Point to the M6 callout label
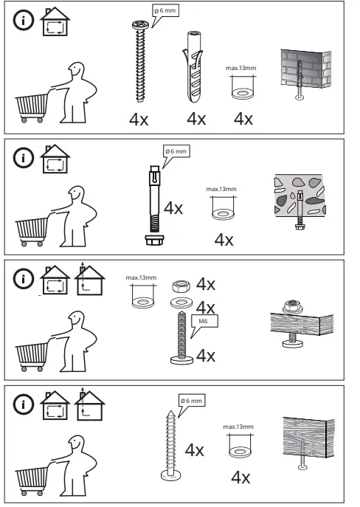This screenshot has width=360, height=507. pyautogui.click(x=200, y=322)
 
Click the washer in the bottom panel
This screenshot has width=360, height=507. pyautogui.click(x=238, y=449)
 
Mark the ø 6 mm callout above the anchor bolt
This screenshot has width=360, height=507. pyautogui.click(x=176, y=151)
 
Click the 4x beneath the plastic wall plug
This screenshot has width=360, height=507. pyautogui.click(x=196, y=118)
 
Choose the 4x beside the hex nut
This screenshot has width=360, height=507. pyautogui.click(x=205, y=285)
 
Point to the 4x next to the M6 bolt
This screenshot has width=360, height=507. pyautogui.click(x=205, y=355)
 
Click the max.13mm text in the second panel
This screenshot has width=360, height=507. pyautogui.click(x=221, y=189)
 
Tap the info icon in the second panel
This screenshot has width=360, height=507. pyautogui.click(x=26, y=158)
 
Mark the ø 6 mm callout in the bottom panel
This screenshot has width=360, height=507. pyautogui.click(x=192, y=401)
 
